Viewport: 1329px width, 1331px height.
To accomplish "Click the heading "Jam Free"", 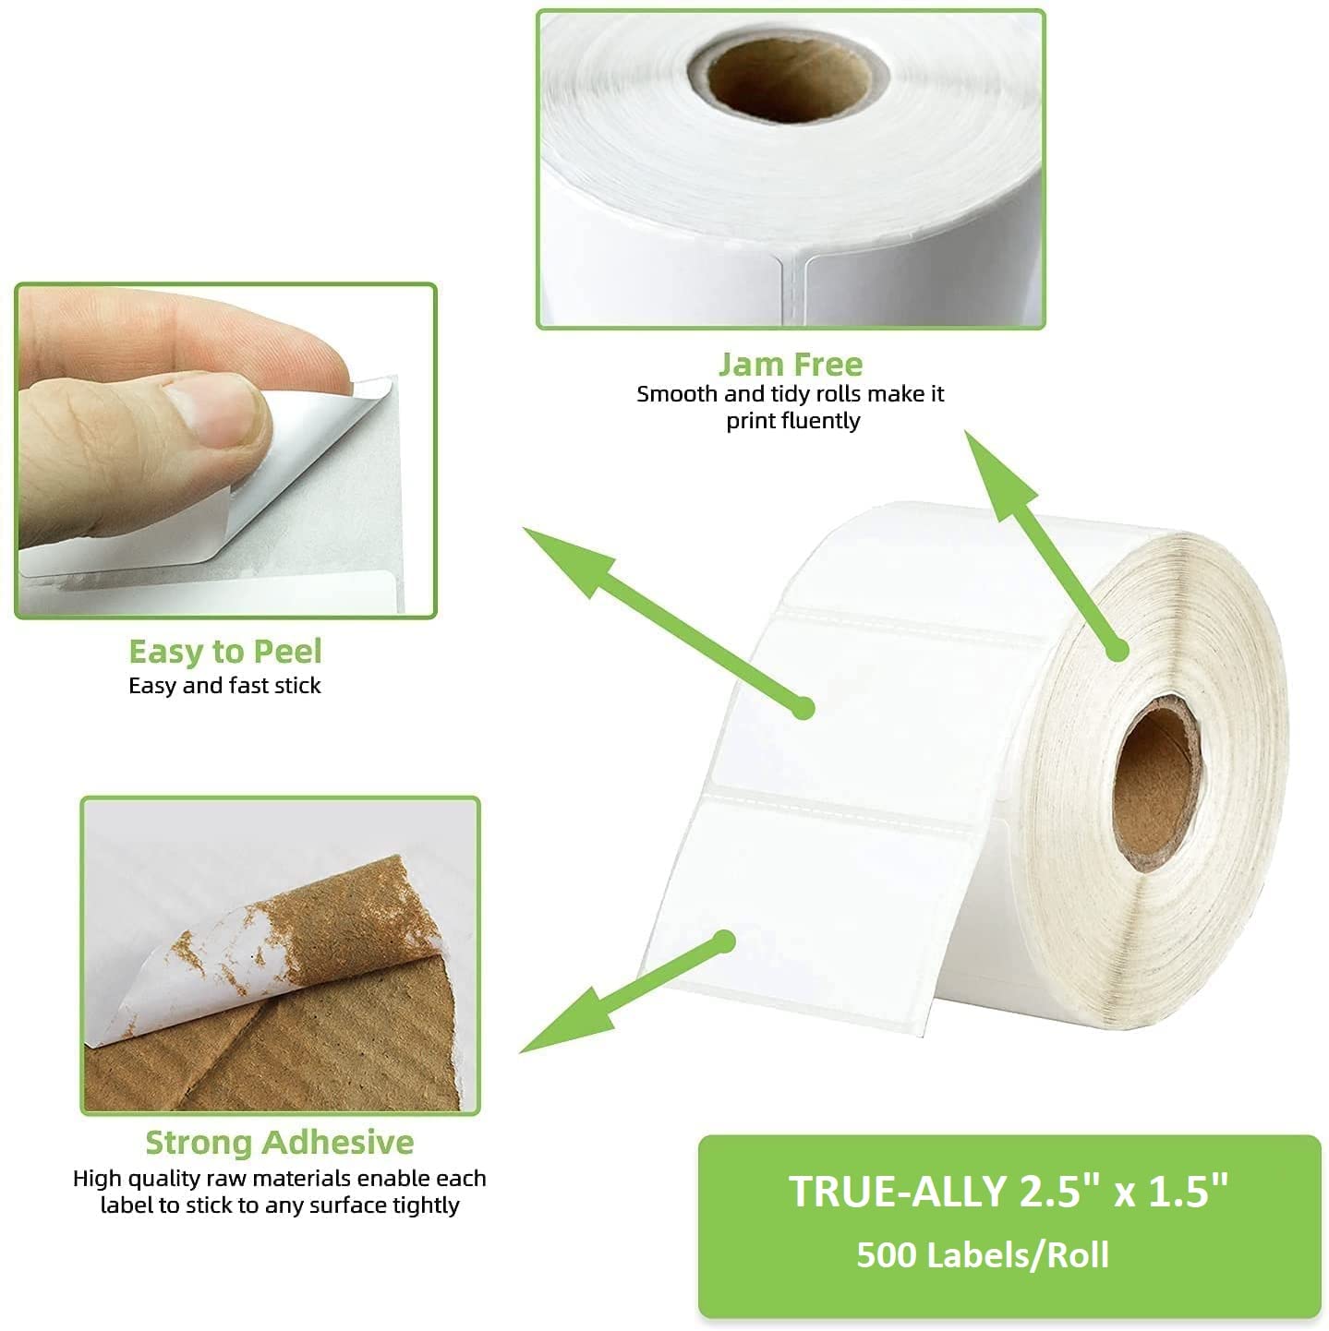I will coord(790,364).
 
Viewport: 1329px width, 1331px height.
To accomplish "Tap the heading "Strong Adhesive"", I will coord(279,1142).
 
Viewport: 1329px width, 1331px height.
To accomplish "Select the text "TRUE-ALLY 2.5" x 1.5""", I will coord(1009,1191).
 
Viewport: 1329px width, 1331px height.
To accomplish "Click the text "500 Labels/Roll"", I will coord(982,1255).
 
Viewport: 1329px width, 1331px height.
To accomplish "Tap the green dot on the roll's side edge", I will coord(1118,651).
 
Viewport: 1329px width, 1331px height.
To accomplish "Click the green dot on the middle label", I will coord(803,709).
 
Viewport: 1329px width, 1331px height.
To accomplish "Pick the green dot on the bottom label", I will coord(725,941).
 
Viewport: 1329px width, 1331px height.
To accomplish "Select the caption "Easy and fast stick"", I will coord(224,686).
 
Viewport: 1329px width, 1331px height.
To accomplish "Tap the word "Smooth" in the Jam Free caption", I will coord(676,394).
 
